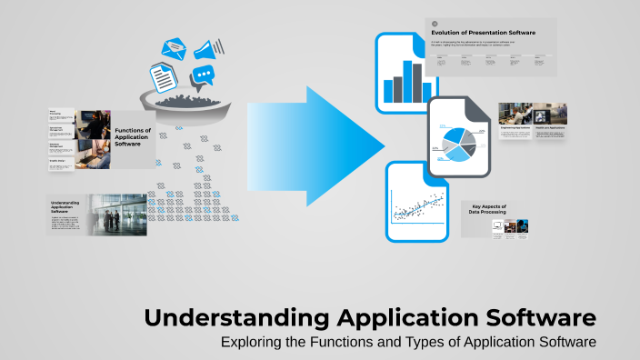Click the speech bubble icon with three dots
(x=205, y=77)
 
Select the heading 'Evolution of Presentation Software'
(x=483, y=33)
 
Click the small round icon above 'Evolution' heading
(x=435, y=24)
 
